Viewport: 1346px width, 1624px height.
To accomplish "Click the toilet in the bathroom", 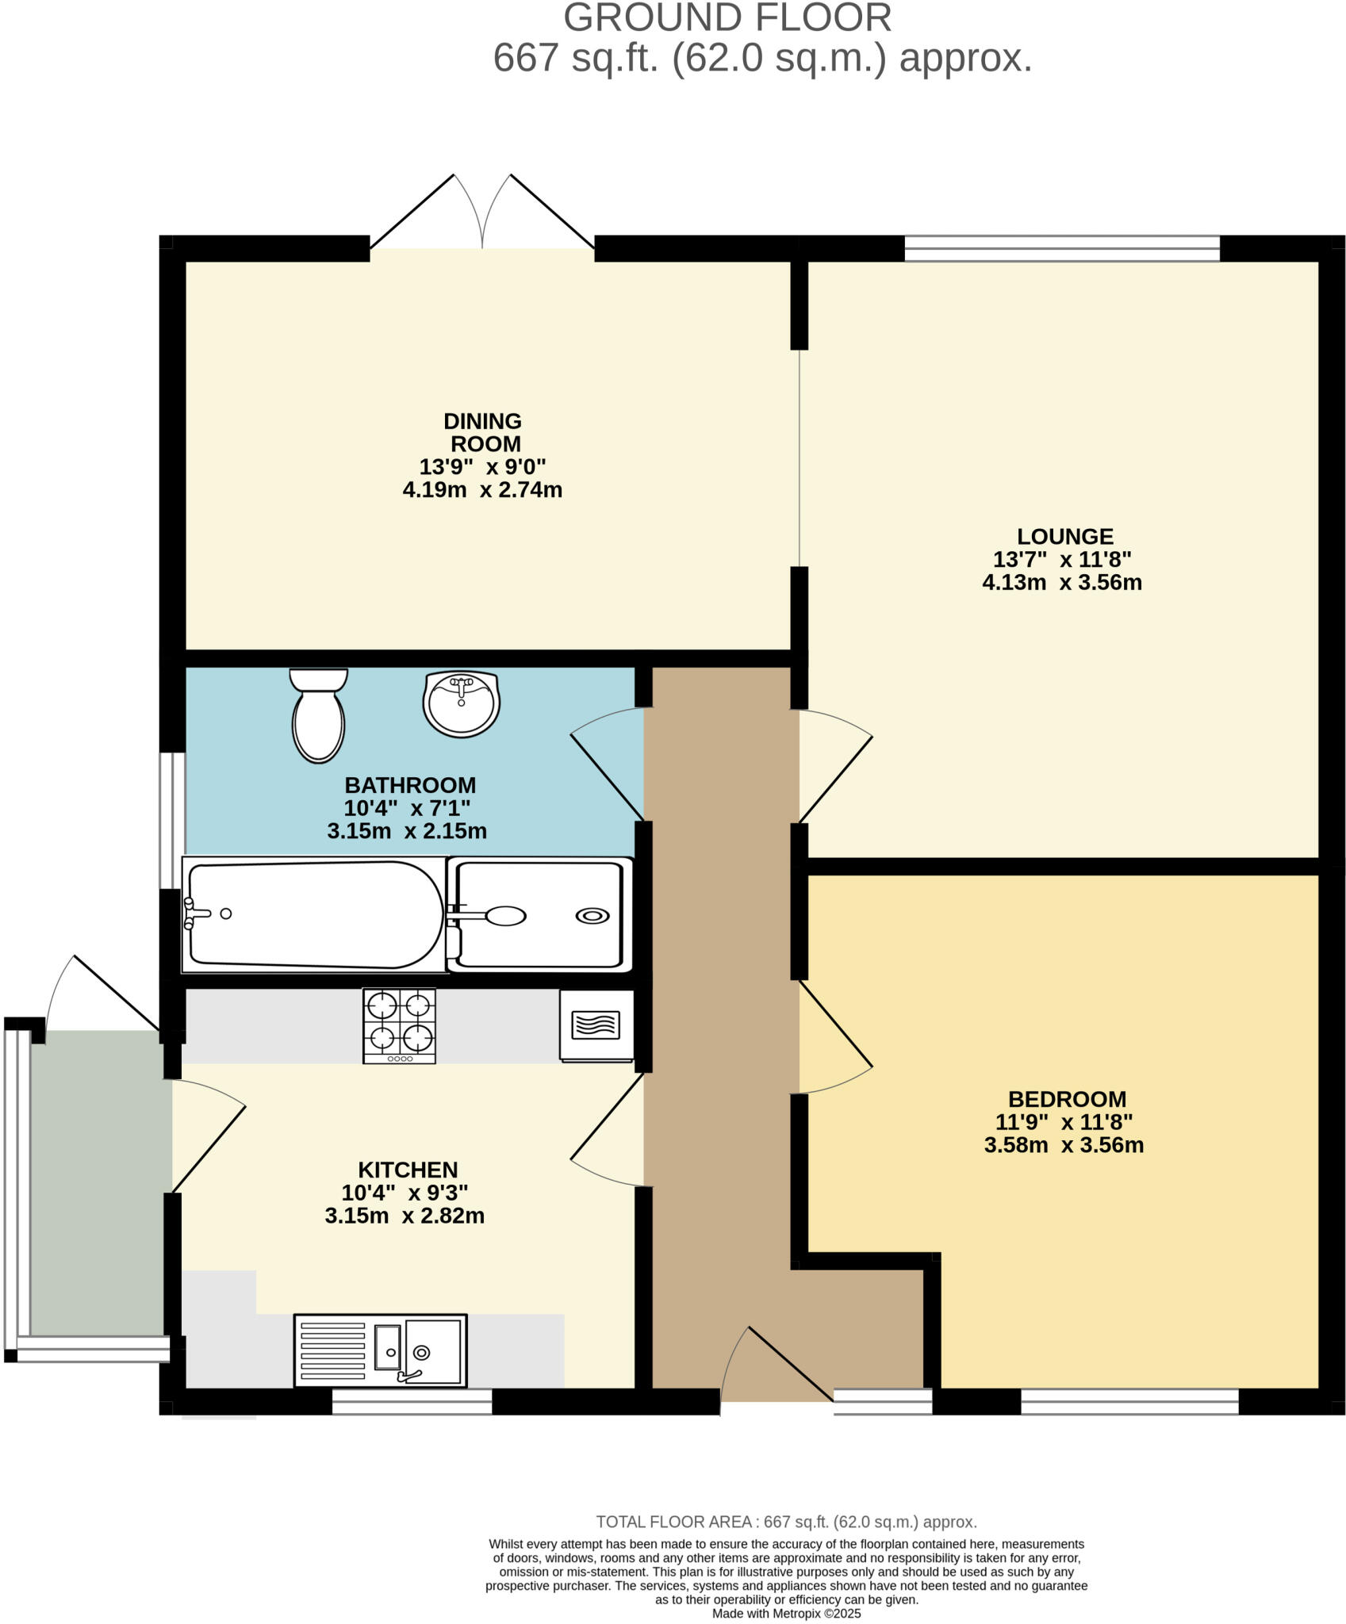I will (318, 715).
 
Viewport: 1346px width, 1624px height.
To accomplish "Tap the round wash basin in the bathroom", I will (461, 703).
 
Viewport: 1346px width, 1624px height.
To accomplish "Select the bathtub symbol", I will (313, 914).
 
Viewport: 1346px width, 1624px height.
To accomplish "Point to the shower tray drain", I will (592, 916).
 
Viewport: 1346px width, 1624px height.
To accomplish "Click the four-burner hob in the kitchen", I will (399, 1025).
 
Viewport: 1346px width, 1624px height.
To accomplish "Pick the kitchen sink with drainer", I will (380, 1350).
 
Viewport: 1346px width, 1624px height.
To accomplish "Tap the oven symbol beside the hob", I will (596, 1025).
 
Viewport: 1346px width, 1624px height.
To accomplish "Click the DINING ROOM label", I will (483, 432).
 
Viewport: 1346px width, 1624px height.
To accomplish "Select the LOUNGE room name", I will (1065, 537).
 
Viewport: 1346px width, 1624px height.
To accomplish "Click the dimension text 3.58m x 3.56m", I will (1064, 1145).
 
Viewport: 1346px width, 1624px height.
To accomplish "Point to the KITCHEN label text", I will (408, 1170).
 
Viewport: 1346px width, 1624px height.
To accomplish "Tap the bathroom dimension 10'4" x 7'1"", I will (407, 808).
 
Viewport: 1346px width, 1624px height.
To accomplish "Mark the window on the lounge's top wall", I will (1062, 248).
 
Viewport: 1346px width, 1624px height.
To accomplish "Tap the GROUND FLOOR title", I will (727, 18).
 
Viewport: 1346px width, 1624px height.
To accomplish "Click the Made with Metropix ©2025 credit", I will (786, 1613).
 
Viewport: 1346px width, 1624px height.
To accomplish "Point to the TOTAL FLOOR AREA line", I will (786, 1522).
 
